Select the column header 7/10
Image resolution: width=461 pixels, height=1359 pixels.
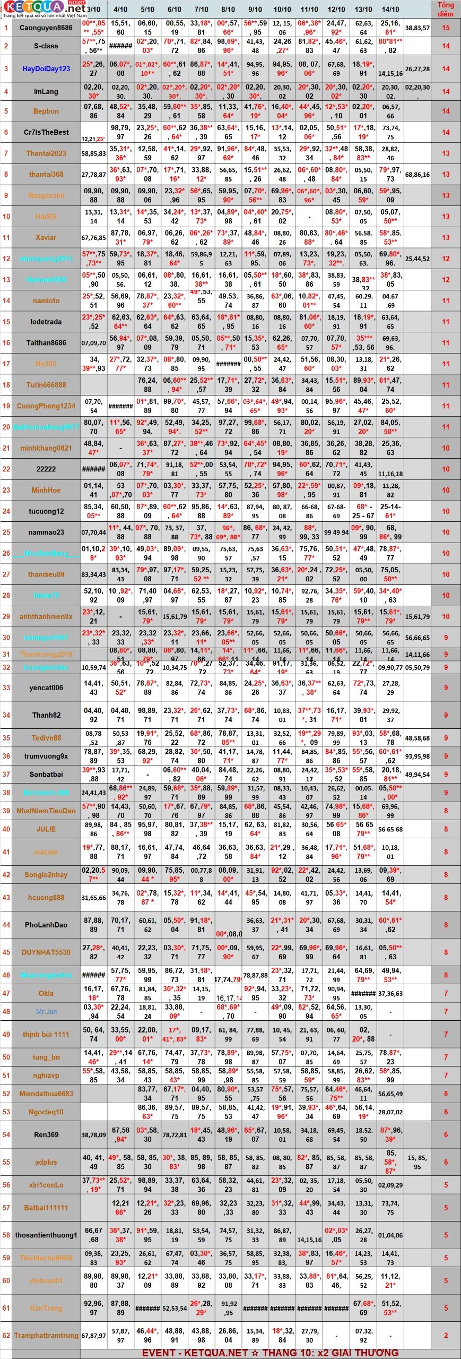[201, 10]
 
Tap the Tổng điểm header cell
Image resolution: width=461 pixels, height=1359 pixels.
[445, 9]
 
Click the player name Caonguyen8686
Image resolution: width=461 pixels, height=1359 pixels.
[46, 28]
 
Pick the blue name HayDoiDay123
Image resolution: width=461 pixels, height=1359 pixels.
[46, 68]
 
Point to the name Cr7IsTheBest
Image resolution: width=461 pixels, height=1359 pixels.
[46, 132]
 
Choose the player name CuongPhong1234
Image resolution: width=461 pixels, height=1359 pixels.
[46, 406]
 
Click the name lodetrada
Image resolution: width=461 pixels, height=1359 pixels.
[46, 322]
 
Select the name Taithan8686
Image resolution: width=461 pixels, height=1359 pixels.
[46, 343]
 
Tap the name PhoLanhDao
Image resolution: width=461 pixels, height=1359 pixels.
[46, 925]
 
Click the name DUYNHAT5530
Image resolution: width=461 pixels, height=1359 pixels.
[46, 952]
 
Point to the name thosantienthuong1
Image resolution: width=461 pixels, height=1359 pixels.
[46, 1235]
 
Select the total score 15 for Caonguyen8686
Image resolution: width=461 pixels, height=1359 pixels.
[445, 28]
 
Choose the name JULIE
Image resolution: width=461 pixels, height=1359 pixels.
[46, 829]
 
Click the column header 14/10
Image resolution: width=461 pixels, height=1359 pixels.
[390, 10]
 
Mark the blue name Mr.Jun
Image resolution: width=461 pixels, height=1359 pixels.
[46, 1012]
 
